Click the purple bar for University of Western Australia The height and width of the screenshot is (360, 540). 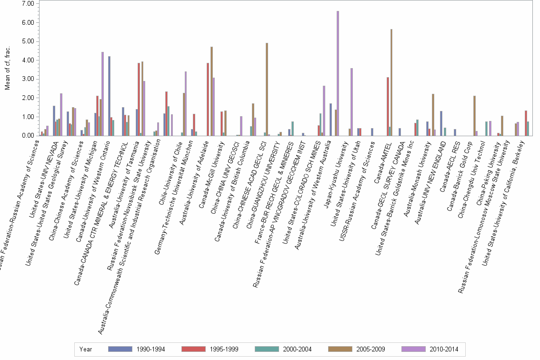(338, 73)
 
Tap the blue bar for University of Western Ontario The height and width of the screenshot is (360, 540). (110, 96)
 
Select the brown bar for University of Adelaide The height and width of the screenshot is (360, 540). (211, 91)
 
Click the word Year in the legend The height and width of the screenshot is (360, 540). (86, 349)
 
